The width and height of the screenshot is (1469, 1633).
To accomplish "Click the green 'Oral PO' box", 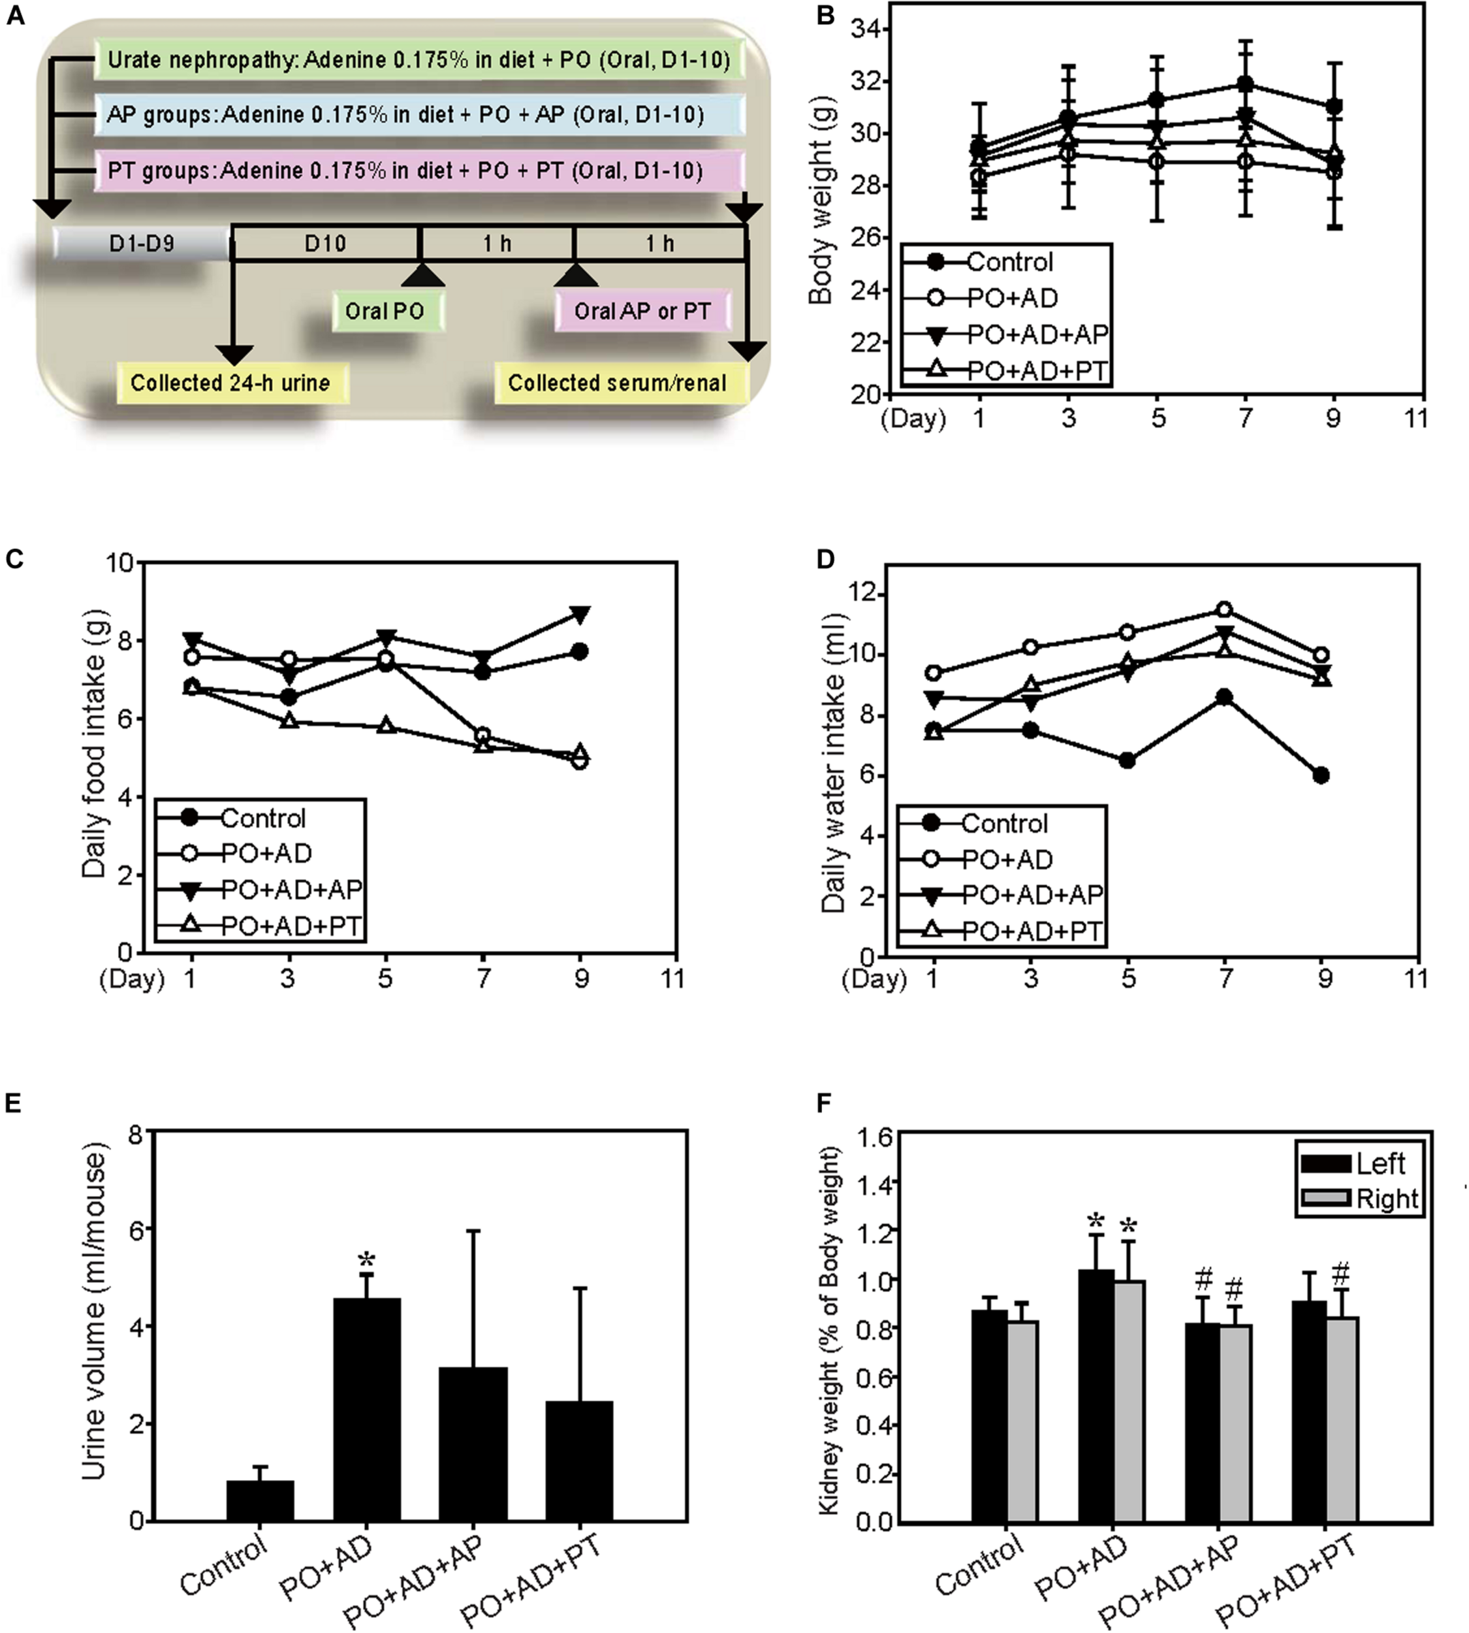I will click(x=386, y=311).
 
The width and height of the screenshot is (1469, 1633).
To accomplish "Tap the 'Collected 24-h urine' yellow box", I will click(x=232, y=382).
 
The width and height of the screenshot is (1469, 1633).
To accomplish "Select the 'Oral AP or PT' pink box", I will click(x=642, y=311).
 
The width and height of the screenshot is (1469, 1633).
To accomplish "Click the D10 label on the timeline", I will click(x=324, y=243).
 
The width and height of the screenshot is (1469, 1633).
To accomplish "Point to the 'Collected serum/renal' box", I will click(x=618, y=382).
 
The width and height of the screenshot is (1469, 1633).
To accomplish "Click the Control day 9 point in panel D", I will click(x=1321, y=775).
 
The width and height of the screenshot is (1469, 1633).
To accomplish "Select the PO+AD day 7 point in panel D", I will click(x=1224, y=609).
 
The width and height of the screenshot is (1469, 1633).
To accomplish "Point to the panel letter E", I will click(x=14, y=1104).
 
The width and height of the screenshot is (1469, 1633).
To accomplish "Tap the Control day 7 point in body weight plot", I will click(x=1246, y=84).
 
